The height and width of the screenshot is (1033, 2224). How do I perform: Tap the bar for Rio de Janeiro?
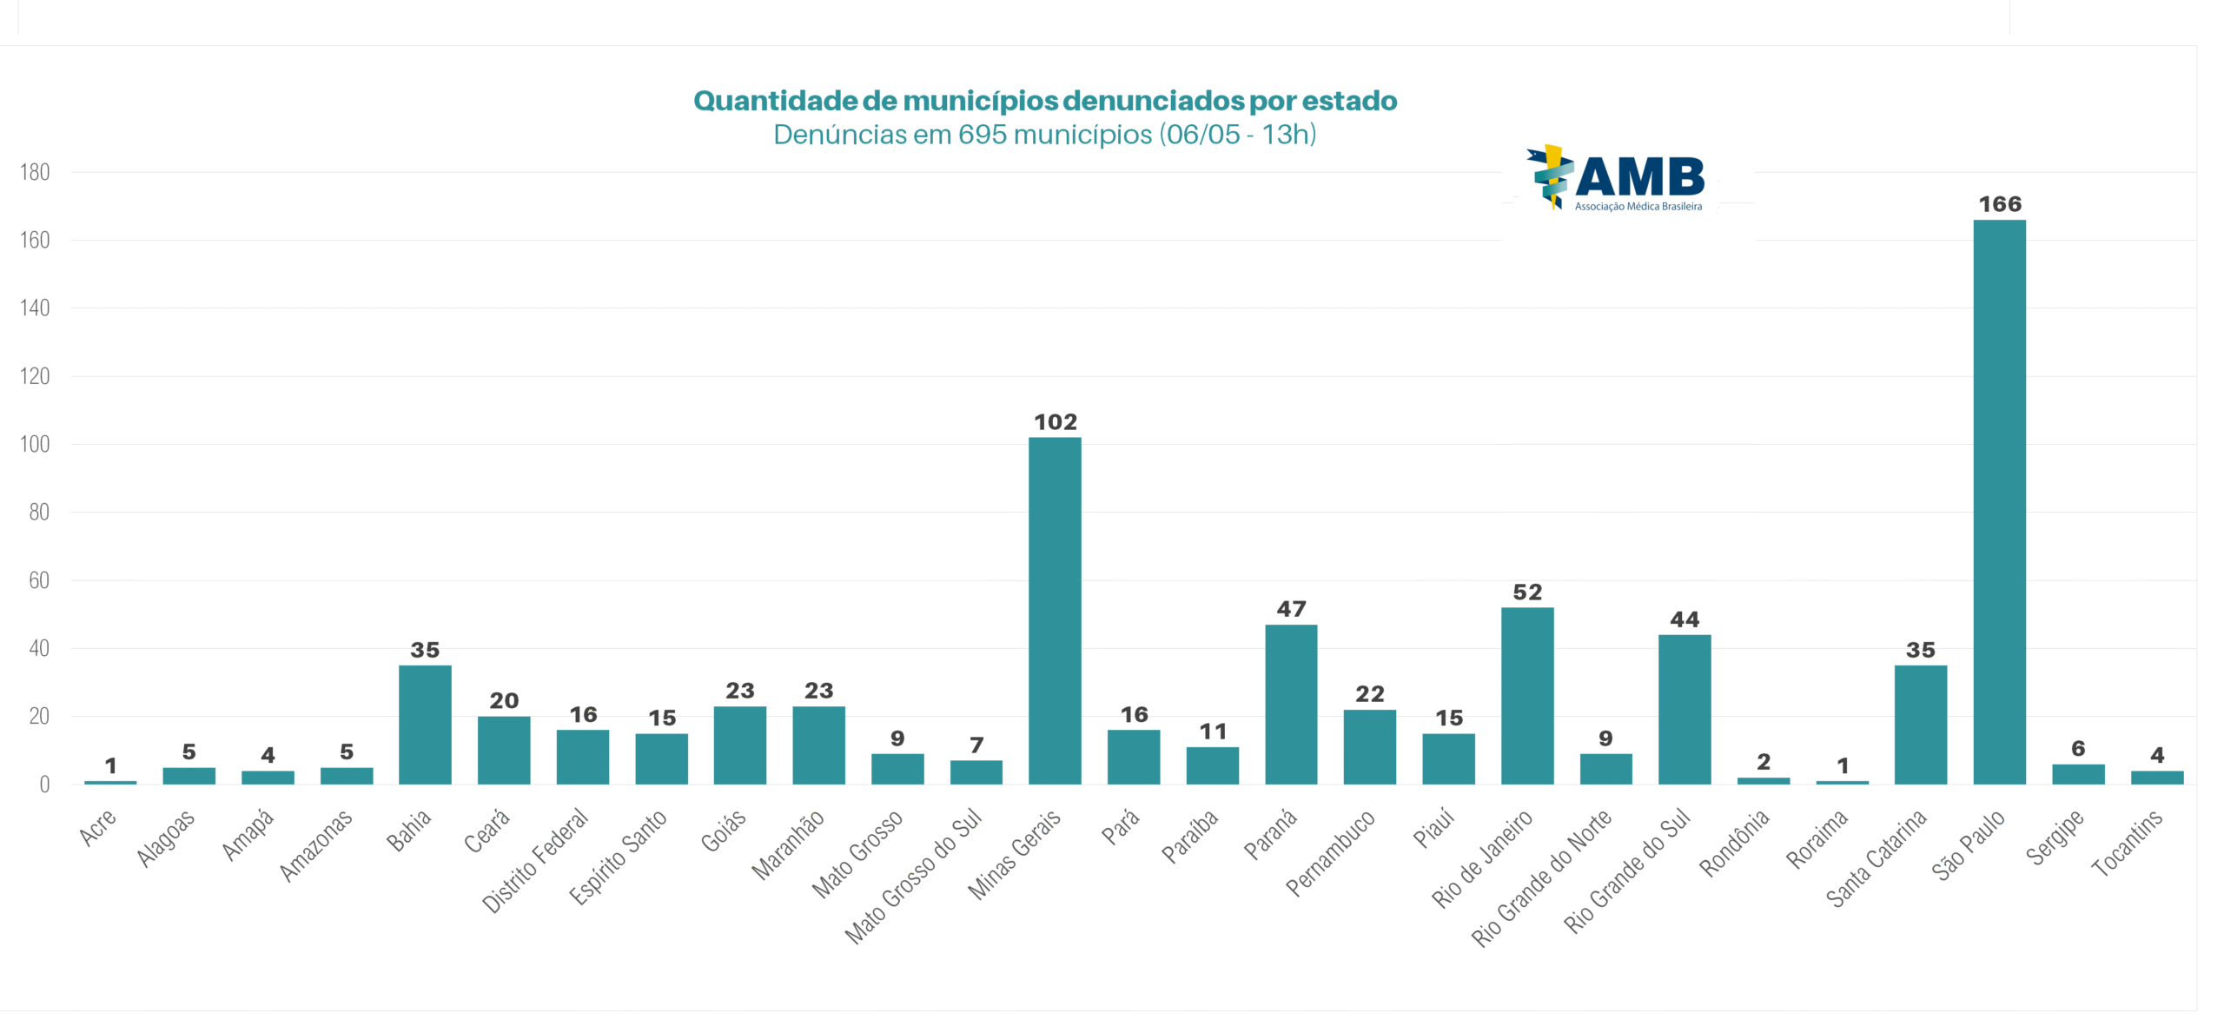(1527, 696)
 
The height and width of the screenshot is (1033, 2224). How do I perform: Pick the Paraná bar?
(1291, 705)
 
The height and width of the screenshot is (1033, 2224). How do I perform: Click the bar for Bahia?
(425, 725)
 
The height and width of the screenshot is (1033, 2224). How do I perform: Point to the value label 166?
(2000, 204)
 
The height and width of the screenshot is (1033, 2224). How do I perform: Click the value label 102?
(1056, 422)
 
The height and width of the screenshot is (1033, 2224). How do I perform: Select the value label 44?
(1685, 619)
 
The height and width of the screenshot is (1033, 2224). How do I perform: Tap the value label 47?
(1291, 609)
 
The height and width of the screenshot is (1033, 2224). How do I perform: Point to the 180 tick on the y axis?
(35, 172)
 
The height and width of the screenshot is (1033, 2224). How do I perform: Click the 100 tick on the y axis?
(35, 444)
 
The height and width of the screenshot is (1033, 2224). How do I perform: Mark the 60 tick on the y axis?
(39, 580)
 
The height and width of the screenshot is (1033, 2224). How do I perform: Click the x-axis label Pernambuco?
(1331, 852)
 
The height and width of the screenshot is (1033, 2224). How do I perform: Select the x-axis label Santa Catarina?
(1876, 858)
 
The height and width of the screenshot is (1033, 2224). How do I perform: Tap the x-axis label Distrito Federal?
(535, 860)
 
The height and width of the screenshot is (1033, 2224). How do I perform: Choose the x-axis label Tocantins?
(2127, 843)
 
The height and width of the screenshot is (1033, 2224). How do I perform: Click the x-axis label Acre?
(97, 827)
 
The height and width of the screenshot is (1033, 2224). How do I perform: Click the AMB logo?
(1616, 179)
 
